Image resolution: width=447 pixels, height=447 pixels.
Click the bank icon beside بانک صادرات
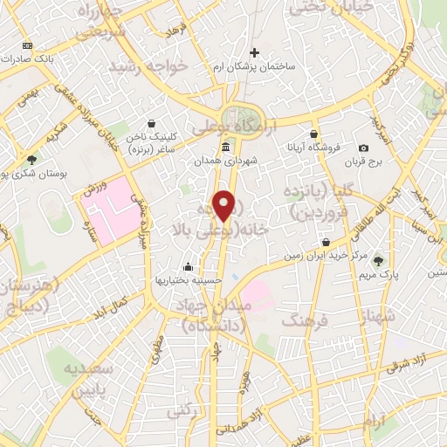(27, 45)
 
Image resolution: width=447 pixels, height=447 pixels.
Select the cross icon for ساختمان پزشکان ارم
(254, 53)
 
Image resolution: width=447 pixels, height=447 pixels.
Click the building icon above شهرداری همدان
(226, 147)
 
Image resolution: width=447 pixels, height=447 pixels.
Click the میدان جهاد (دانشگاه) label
(221, 315)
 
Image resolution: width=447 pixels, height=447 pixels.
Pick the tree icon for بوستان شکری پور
(32, 160)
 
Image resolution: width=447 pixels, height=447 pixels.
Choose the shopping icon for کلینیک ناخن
(154, 123)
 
